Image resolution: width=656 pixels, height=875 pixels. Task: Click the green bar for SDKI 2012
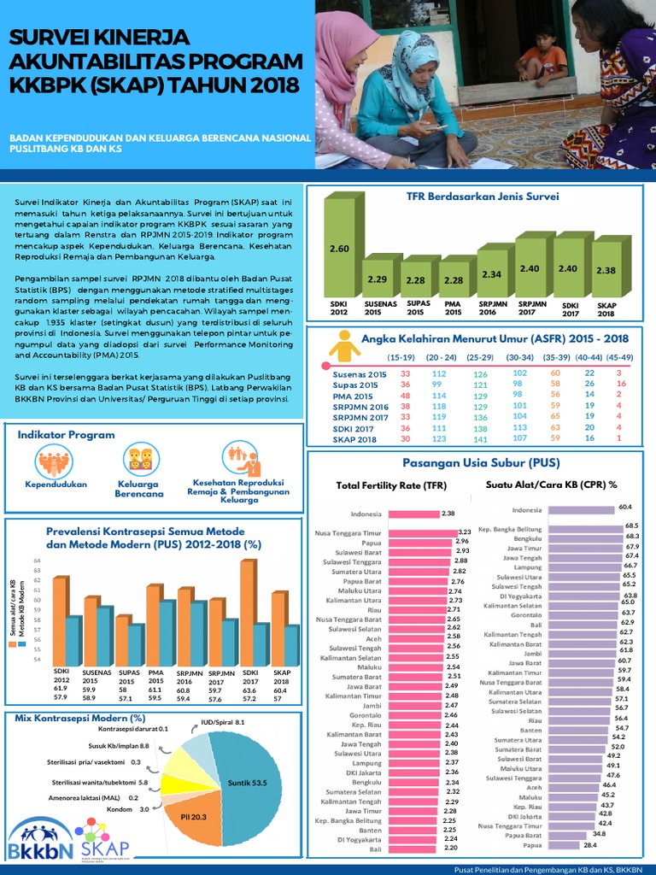pyautogui.click(x=339, y=248)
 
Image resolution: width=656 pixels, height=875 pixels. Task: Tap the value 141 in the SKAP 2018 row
pyautogui.click(x=480, y=439)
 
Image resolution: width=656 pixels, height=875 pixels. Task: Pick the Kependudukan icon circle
pyautogui.click(x=56, y=462)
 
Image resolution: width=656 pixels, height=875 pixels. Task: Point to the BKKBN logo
pyautogui.click(x=38, y=842)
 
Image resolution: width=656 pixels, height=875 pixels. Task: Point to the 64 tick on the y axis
pyautogui.click(x=38, y=561)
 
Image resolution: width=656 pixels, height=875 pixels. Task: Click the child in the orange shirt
pyautogui.click(x=541, y=56)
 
